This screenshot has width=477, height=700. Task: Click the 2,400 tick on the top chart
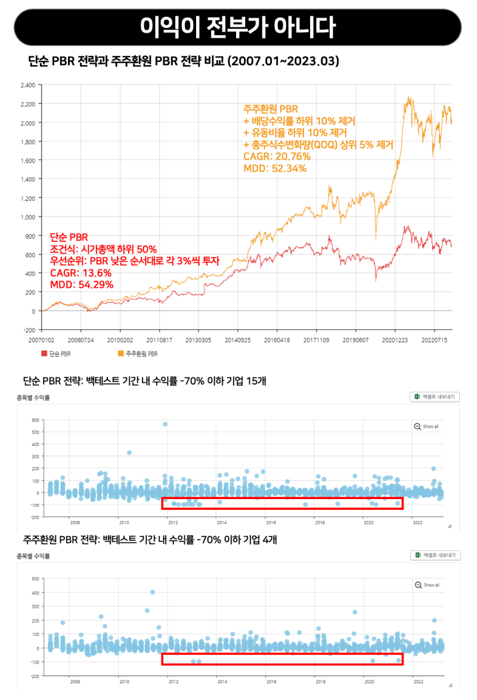click(28, 85)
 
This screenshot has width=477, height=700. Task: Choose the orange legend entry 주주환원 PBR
click(138, 354)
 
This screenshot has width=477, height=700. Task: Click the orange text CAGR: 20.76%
click(277, 157)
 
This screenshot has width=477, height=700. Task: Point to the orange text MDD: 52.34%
click(275, 169)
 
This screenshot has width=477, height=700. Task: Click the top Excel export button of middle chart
click(434, 397)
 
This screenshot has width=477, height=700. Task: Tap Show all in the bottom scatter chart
click(427, 585)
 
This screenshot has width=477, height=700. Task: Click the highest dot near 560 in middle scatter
click(165, 424)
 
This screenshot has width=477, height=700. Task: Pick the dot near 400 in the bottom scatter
click(153, 592)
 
